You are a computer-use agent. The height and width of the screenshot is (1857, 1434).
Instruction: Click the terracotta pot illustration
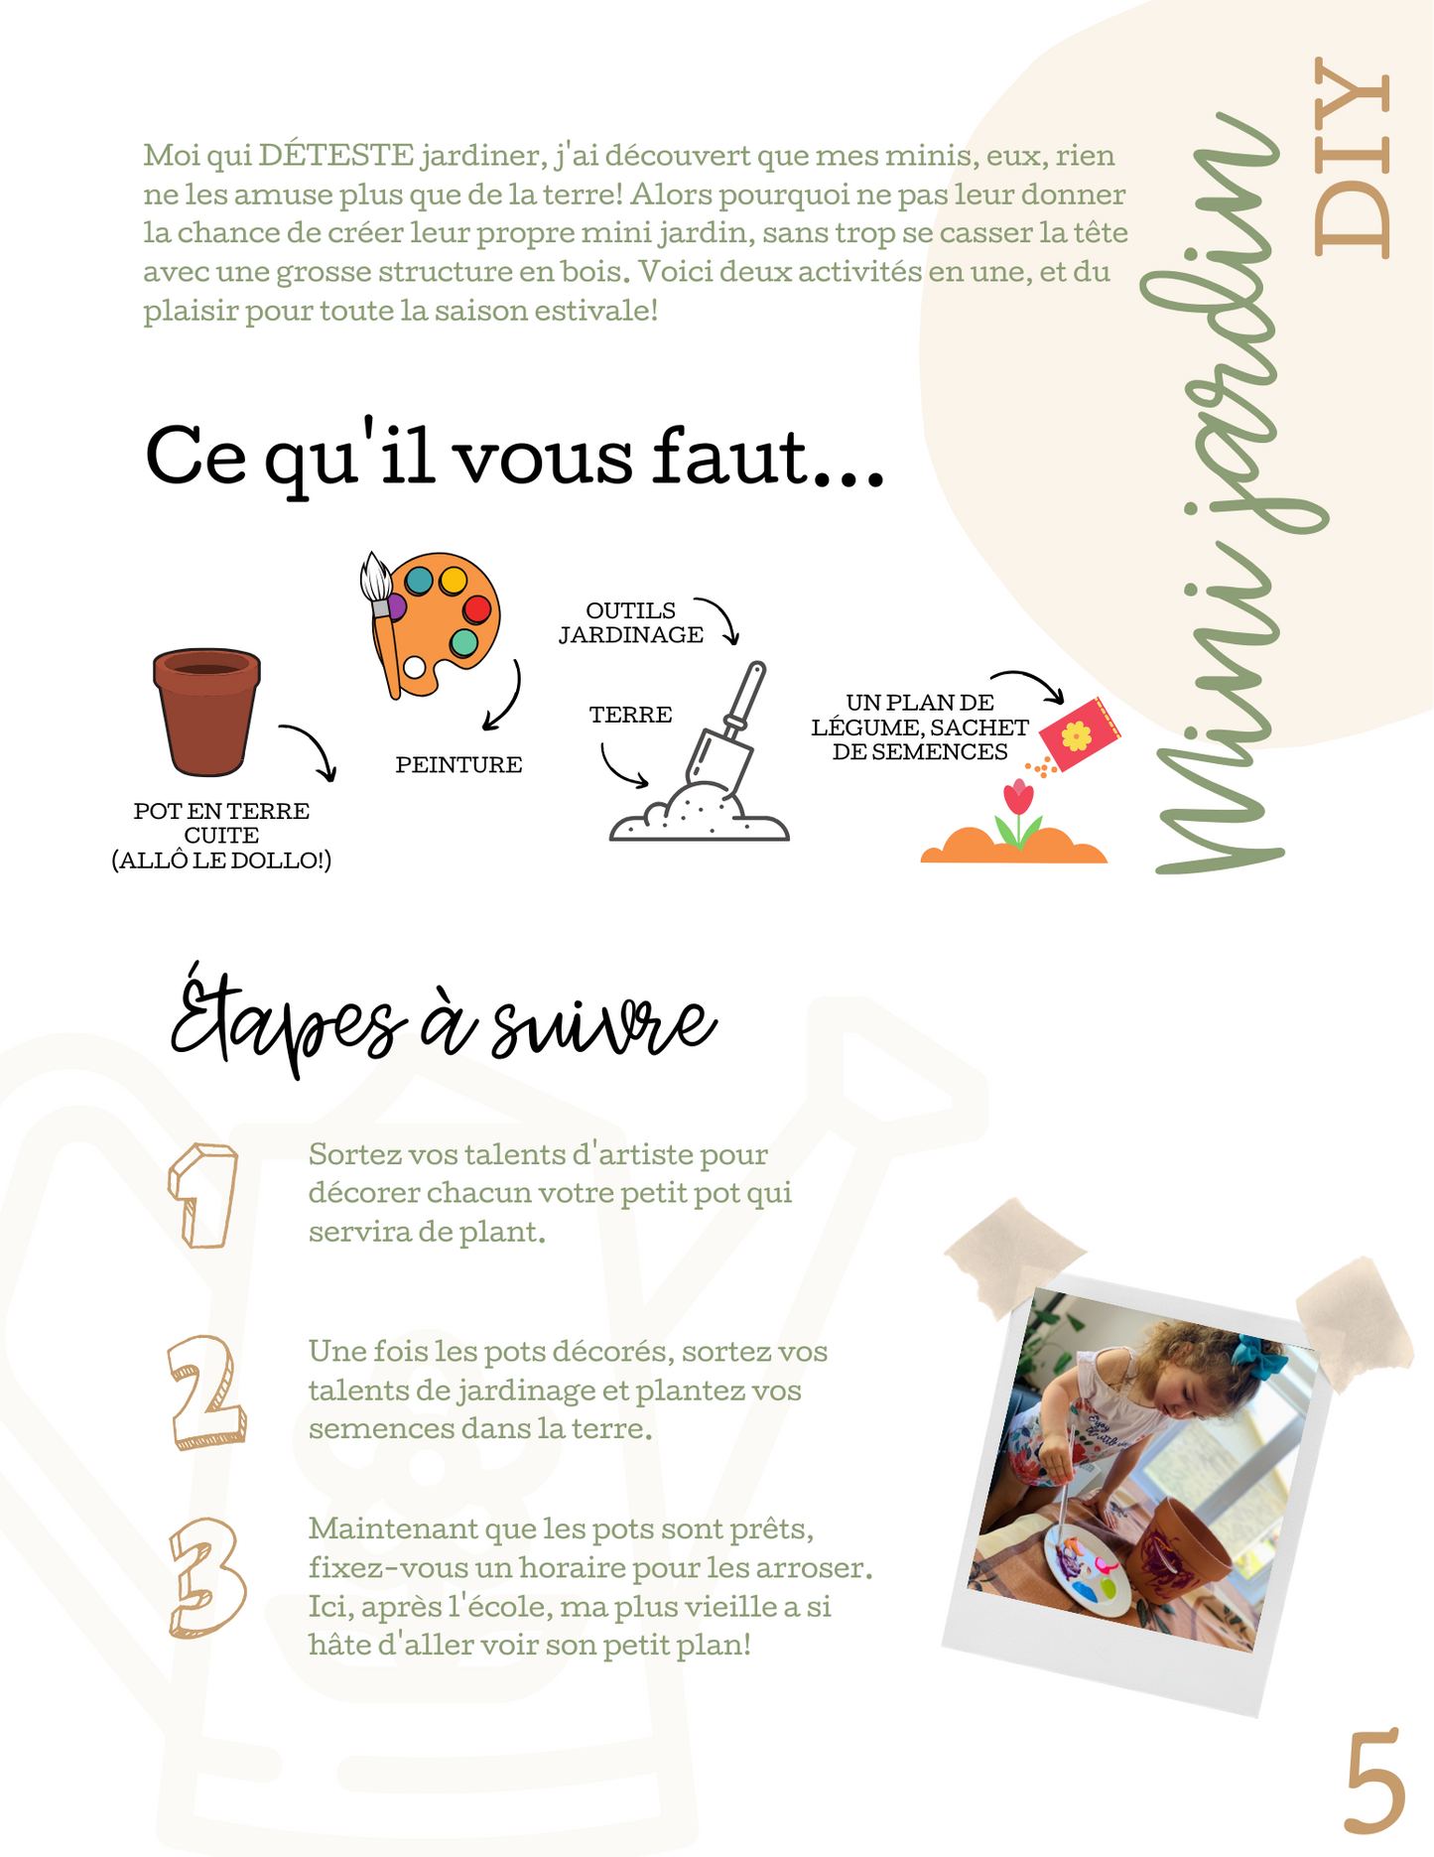tap(206, 712)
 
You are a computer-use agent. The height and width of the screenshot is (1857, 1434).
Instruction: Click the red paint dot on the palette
tap(476, 608)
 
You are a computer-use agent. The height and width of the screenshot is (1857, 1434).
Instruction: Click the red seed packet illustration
tap(1079, 733)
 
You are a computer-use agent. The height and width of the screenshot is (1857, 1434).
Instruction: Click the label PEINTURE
tap(458, 765)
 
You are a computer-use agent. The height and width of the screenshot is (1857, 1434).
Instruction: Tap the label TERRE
tap(630, 715)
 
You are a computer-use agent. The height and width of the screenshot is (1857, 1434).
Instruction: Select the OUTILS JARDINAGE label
tap(630, 623)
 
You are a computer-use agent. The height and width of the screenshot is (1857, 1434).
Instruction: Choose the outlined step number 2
tap(205, 1392)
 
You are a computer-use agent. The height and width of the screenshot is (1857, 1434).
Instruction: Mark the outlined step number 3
tap(205, 1577)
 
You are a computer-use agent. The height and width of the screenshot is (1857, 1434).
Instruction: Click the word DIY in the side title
tap(1353, 159)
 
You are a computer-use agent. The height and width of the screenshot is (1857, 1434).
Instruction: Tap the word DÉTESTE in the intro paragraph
tap(336, 156)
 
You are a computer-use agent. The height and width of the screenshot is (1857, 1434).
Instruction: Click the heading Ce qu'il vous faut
tap(514, 458)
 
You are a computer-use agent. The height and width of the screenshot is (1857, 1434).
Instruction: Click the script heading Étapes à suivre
tap(442, 1022)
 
